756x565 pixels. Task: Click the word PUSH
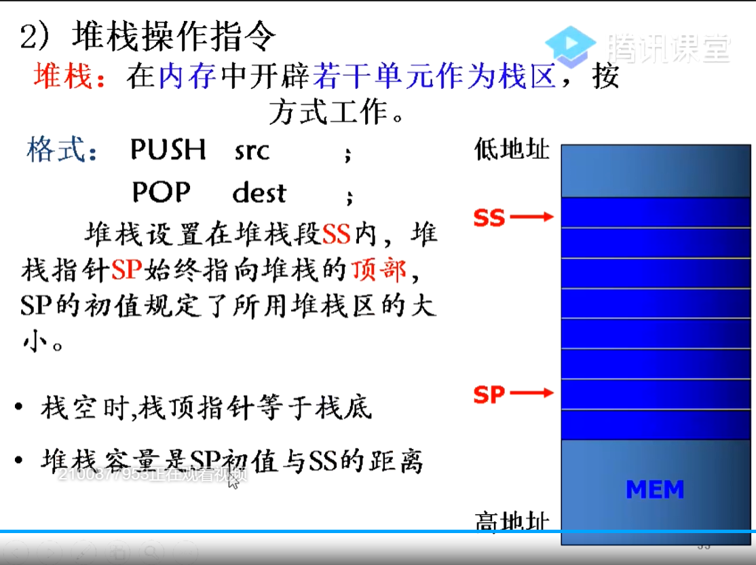168,149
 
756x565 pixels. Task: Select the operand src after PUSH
252,151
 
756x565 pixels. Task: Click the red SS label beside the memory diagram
489,218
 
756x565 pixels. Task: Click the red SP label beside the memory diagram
489,394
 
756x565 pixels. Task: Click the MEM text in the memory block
654,490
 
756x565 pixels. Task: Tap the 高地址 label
512,522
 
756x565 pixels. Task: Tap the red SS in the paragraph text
336,235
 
